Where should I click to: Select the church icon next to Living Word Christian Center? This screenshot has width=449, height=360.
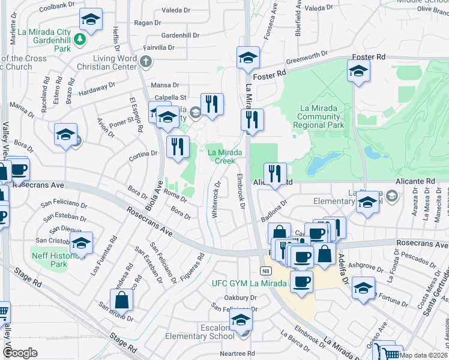pos(145,61)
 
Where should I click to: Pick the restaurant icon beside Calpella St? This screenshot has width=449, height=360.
pos(212,104)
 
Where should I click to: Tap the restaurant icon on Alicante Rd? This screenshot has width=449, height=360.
pos(275,174)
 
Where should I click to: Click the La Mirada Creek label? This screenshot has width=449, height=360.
pos(225,157)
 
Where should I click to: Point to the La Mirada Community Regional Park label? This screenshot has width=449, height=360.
pos(319,117)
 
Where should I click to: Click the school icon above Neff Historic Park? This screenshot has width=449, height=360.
pos(81,243)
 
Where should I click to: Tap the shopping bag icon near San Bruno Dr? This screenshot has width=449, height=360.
pos(121,300)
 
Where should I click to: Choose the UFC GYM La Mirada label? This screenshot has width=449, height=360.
pos(250,283)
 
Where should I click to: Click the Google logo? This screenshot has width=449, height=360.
pos(20,353)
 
